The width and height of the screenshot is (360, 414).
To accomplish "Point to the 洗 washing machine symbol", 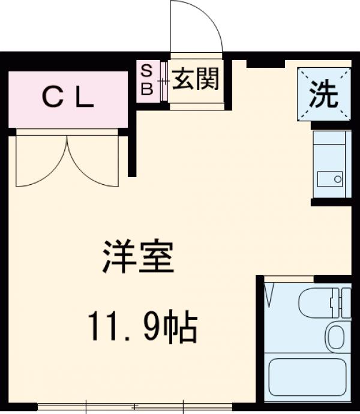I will pyautogui.click(x=324, y=94).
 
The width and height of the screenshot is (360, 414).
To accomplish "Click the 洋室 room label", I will pyautogui.click(x=137, y=256).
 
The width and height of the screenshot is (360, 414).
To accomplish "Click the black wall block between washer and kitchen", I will pyautogui.click(x=329, y=125).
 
